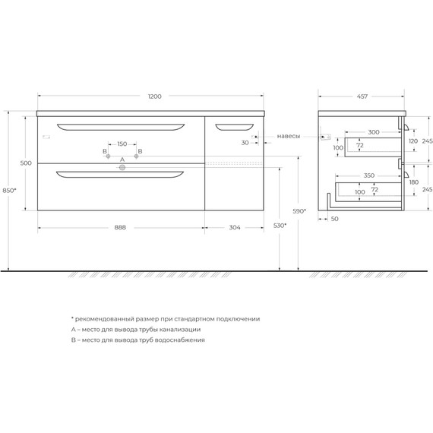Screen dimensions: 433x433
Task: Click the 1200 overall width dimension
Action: click(154, 96)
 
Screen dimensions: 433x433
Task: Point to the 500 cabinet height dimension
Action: click(26, 163)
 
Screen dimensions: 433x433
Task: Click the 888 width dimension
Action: click(120, 227)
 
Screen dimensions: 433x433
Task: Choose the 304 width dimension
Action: click(235, 227)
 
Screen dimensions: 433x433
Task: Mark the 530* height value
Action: click(280, 226)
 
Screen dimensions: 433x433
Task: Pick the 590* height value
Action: click(300, 211)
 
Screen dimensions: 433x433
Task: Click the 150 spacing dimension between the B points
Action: click(122, 143)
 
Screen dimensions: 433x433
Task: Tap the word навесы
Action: click(289, 136)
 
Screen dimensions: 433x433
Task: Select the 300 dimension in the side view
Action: click(373, 132)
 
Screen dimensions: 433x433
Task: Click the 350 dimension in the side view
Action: click(368, 175)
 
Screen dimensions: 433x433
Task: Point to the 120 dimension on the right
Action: click(413, 141)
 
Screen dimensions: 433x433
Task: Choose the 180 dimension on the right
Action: click(413, 182)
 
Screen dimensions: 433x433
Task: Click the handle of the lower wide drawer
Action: click(120, 175)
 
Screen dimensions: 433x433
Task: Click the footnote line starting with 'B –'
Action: click(138, 340)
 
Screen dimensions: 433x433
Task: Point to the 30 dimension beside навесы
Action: click(245, 142)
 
